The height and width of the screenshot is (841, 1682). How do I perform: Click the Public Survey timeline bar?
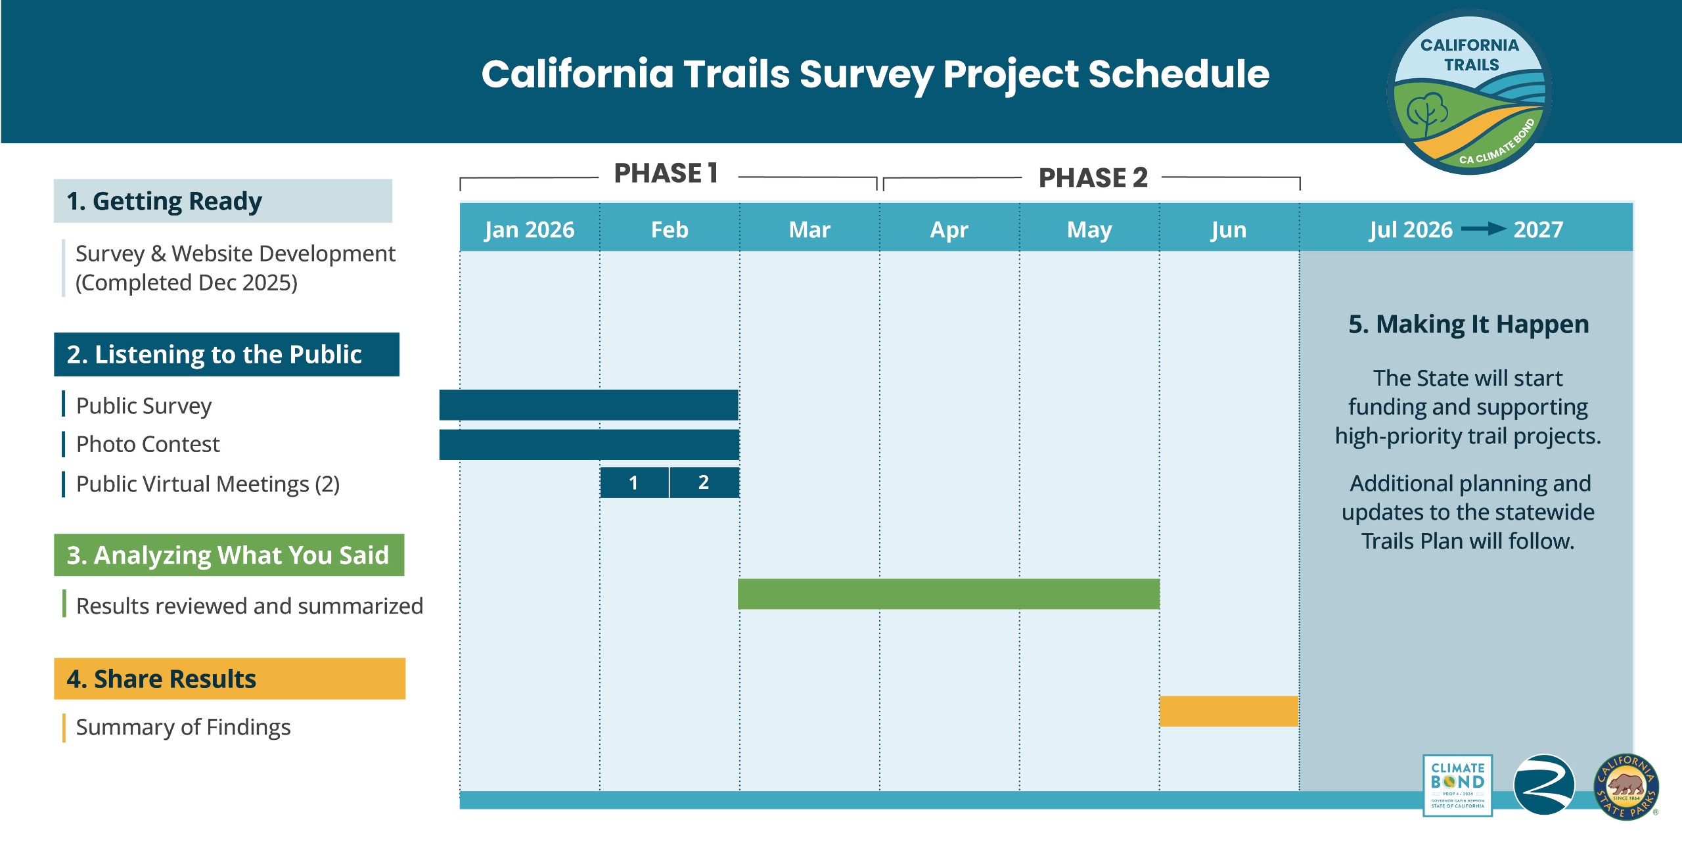point(589,405)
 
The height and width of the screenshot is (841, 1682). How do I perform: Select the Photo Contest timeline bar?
point(589,445)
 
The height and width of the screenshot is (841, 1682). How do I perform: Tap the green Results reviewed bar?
point(948,594)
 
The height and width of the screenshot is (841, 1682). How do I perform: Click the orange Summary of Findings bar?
point(1229,711)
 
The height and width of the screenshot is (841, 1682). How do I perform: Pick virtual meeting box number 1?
point(634,483)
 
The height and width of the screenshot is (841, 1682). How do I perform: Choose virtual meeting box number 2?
point(704,483)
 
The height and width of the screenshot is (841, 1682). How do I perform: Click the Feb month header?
point(670,229)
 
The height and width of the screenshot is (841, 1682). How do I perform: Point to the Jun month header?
point(1229,229)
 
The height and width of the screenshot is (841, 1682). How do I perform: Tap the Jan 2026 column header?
point(529,229)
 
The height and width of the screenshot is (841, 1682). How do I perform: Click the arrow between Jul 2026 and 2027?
point(1483,229)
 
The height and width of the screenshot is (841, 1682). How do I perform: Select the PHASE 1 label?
point(666,173)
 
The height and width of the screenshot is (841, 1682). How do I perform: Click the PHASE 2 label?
point(1093,177)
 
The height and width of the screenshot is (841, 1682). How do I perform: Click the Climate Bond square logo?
point(1457,785)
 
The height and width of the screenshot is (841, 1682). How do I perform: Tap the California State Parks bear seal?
point(1626,786)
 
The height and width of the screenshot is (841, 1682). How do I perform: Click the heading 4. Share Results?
point(162,679)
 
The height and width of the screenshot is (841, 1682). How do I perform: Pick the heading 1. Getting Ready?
point(164,201)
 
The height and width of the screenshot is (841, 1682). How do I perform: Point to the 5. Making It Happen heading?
point(1468,325)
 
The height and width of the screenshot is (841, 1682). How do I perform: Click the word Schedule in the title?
point(1179,74)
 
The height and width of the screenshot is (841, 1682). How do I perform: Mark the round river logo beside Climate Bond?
point(1544,785)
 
